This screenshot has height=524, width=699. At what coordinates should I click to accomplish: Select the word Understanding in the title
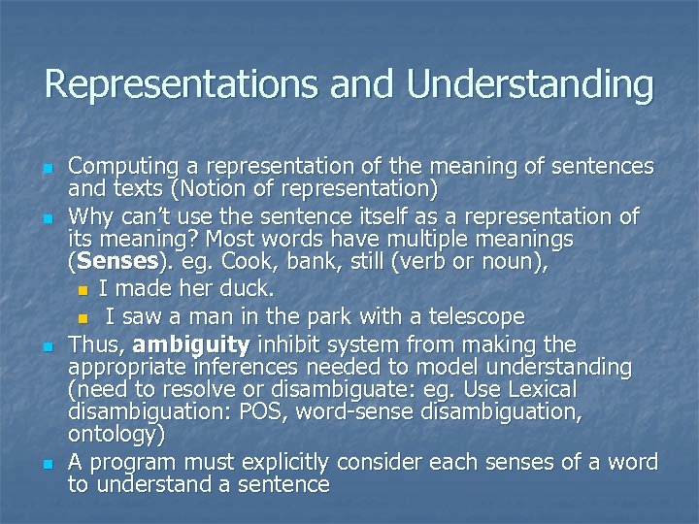[x=530, y=84]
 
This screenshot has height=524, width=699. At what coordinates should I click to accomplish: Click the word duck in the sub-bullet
[x=250, y=289]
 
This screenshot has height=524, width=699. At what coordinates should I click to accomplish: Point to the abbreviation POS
[x=258, y=411]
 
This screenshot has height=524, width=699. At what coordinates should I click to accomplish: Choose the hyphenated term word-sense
[x=348, y=411]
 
